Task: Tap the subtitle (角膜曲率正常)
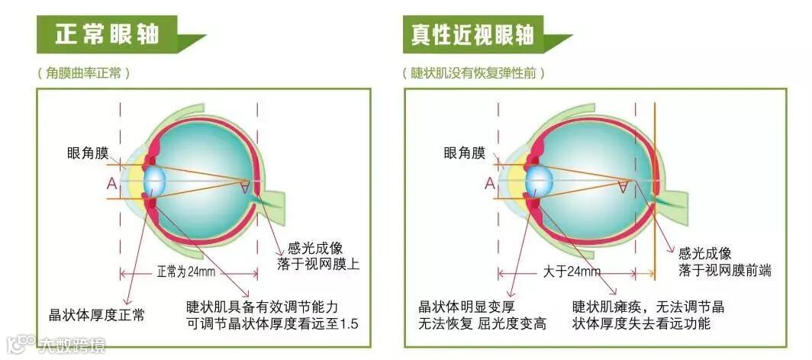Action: [x=83, y=73]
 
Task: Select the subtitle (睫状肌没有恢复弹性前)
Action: [x=473, y=73]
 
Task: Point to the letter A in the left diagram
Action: [x=112, y=183]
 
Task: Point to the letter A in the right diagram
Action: [x=489, y=183]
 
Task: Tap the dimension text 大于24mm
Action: [x=572, y=272]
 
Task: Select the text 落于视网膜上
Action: [x=317, y=265]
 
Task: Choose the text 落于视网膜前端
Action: [x=725, y=270]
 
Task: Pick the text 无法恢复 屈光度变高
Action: [x=482, y=324]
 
